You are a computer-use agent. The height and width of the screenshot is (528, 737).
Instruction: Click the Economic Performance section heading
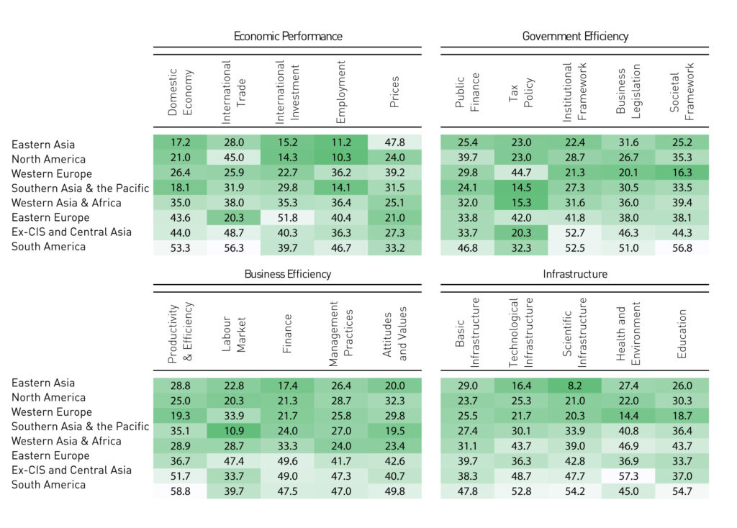(x=287, y=36)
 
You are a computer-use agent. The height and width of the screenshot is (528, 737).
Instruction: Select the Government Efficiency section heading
(x=575, y=36)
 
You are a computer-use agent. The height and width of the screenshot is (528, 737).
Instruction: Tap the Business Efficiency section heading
(x=287, y=274)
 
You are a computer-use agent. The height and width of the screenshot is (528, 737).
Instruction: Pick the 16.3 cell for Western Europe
(x=682, y=174)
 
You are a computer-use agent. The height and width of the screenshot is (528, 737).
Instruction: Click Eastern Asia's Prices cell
(x=394, y=144)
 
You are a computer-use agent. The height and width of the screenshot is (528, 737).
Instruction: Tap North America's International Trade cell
(x=233, y=159)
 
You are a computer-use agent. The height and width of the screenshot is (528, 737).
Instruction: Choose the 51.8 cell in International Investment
(x=287, y=218)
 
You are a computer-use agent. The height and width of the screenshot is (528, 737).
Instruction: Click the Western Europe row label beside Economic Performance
(x=52, y=174)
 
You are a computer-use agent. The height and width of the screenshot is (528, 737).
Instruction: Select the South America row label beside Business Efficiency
(x=48, y=485)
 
